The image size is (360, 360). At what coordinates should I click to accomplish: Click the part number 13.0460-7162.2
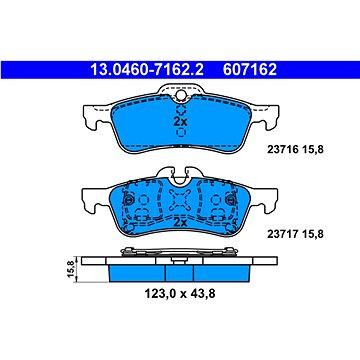(147, 70)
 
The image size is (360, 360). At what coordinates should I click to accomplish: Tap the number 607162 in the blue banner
(250, 70)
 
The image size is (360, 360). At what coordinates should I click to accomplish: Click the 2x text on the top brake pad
(180, 122)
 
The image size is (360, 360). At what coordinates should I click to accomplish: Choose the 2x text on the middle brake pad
(180, 222)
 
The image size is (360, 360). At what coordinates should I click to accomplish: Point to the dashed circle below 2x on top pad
(181, 133)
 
